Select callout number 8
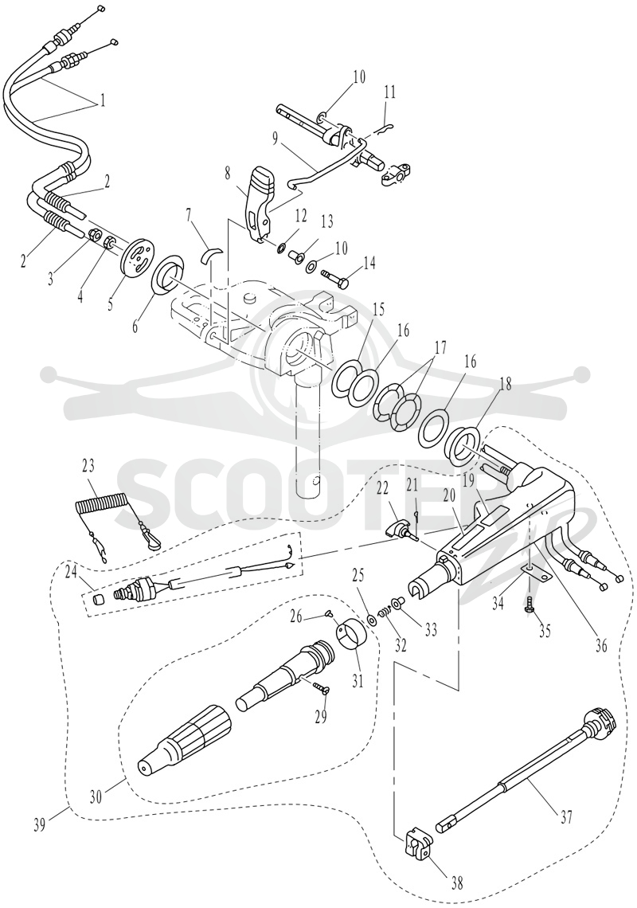coord(227,172)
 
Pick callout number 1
coord(102,101)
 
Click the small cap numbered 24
coord(100,597)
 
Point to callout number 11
coord(389,92)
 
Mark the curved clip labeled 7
coord(211,253)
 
